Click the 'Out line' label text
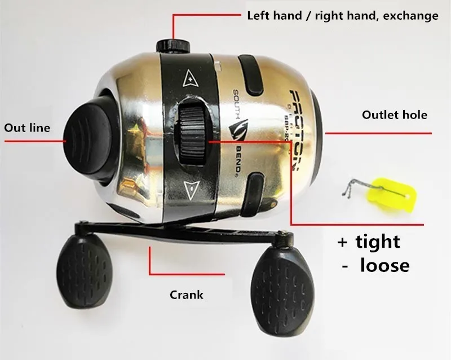click(x=27, y=128)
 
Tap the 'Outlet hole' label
click(x=395, y=115)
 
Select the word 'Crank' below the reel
click(x=187, y=295)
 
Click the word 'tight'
click(x=378, y=242)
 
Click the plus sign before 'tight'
click(x=342, y=242)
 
